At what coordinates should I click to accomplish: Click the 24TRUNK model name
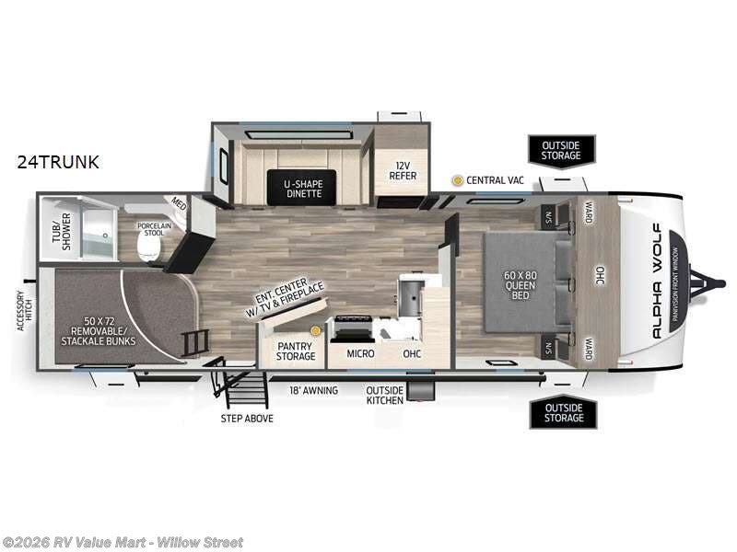[57, 162]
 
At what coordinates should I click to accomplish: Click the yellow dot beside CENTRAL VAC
[456, 180]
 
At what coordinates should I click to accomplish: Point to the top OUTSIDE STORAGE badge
[562, 150]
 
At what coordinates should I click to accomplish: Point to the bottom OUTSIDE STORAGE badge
[562, 411]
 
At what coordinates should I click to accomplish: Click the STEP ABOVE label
[246, 419]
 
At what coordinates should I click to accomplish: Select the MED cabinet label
[178, 205]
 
